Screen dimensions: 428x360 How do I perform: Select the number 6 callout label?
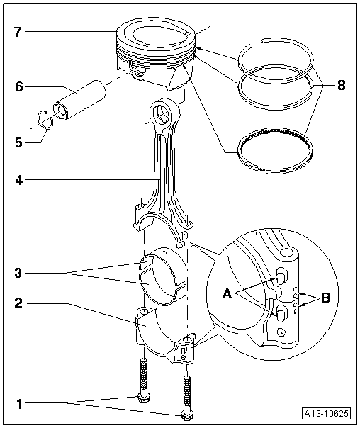point(20,86)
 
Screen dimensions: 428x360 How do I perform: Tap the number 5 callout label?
point(20,141)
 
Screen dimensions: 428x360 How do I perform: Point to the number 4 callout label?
point(20,180)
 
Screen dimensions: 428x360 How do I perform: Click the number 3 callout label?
point(20,271)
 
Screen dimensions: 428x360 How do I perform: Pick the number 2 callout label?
point(20,303)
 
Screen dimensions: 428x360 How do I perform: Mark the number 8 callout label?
point(341,86)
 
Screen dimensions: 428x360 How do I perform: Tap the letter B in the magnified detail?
point(325,298)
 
